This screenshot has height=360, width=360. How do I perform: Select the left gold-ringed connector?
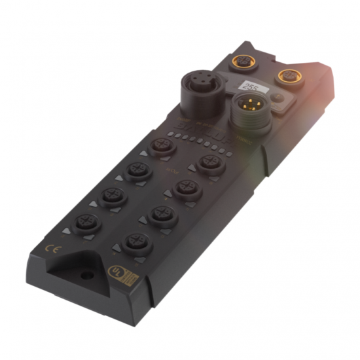pyautogui.click(x=238, y=63)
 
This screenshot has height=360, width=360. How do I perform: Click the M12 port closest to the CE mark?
pyautogui.click(x=86, y=223)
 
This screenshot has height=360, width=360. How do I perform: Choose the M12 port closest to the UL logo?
pyautogui.click(x=139, y=245)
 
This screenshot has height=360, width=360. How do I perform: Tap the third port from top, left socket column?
pyautogui.click(x=113, y=196)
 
